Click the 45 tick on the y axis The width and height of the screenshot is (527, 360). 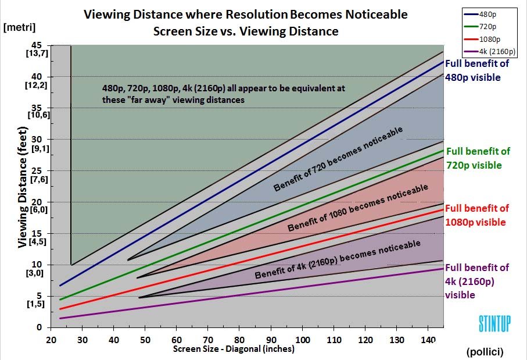tap(37, 45)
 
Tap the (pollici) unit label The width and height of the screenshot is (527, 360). tap(484, 352)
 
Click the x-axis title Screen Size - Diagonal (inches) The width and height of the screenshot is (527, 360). tap(234, 350)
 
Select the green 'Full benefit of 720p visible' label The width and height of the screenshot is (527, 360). tap(478, 158)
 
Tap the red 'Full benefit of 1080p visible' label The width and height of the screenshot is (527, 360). tap(476, 215)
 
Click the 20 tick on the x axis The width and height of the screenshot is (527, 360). tap(51, 340)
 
